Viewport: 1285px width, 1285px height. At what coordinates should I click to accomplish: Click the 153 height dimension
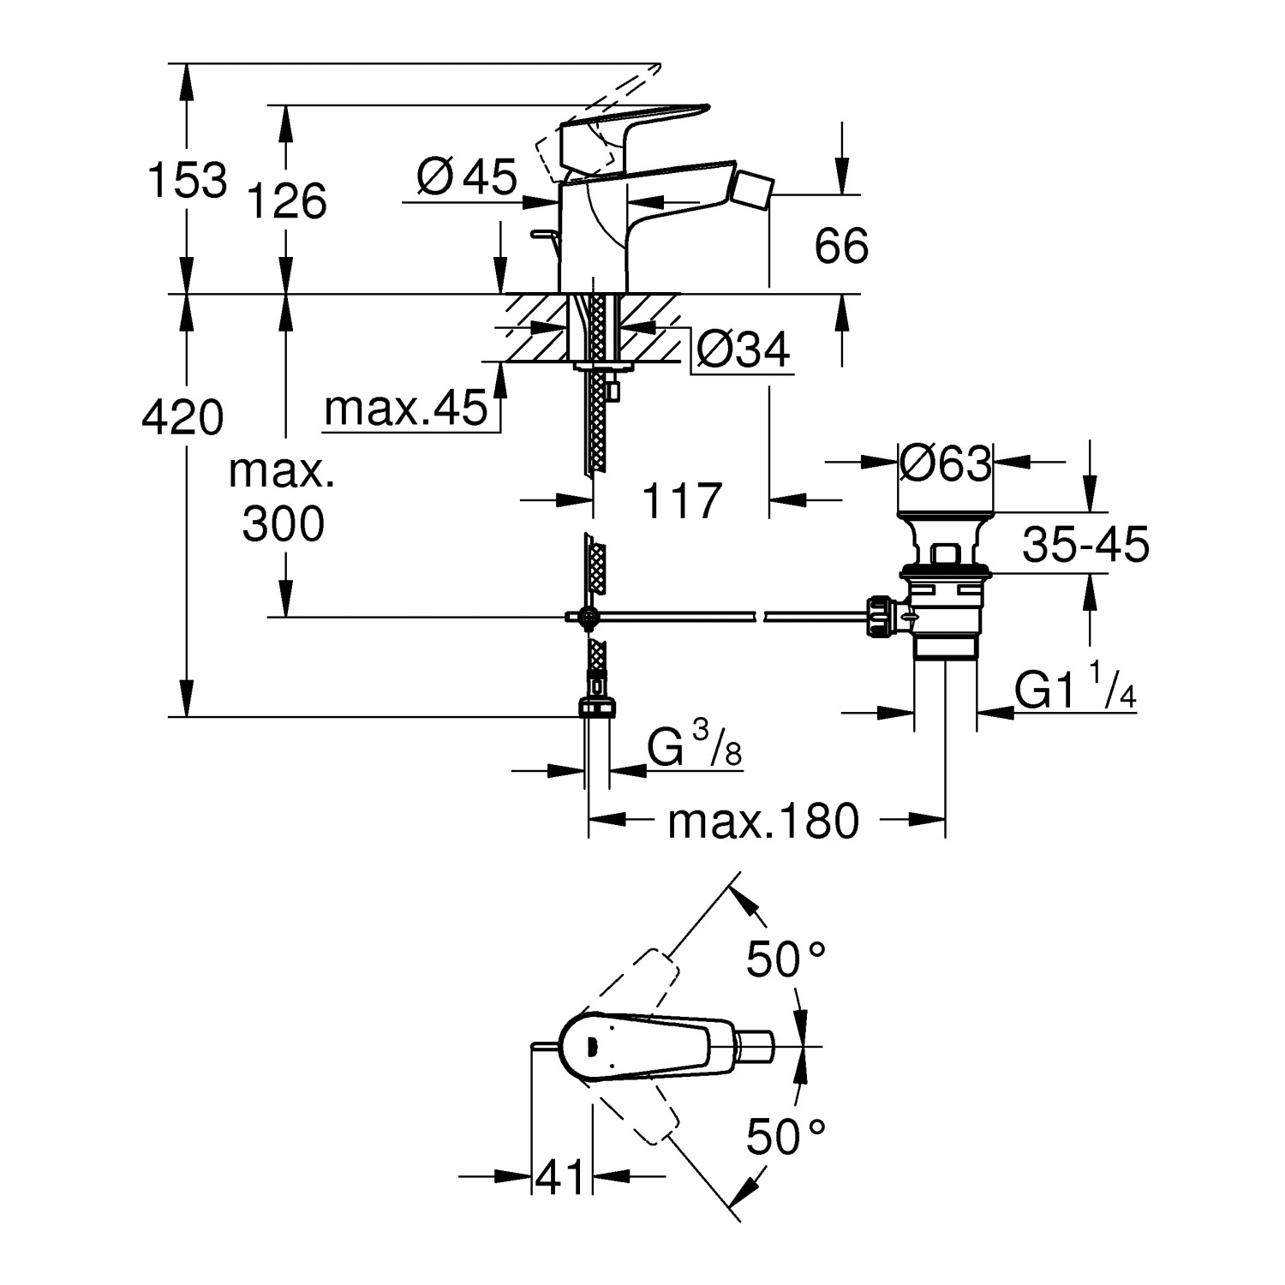(188, 179)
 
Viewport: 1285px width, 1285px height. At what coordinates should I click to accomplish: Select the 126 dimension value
(287, 201)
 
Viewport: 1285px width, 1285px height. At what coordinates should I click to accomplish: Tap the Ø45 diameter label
(467, 177)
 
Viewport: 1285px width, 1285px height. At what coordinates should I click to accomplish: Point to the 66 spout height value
(841, 246)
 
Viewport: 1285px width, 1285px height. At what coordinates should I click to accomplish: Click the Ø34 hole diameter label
(742, 350)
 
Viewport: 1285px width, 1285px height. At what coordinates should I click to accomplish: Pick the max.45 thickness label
(405, 409)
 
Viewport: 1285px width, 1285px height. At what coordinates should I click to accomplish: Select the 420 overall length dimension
(182, 417)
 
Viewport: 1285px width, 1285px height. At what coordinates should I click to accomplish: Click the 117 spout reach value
(681, 500)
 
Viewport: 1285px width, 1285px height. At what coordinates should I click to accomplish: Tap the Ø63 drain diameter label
(945, 463)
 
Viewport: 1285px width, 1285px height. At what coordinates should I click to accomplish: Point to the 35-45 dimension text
(1085, 544)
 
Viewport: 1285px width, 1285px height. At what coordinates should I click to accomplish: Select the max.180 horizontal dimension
(762, 821)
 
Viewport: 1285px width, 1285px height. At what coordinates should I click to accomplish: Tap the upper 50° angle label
(785, 959)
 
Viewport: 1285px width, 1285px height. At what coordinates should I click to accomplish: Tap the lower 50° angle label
(785, 1137)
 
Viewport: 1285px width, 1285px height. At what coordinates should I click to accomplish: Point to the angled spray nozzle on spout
(754, 187)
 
